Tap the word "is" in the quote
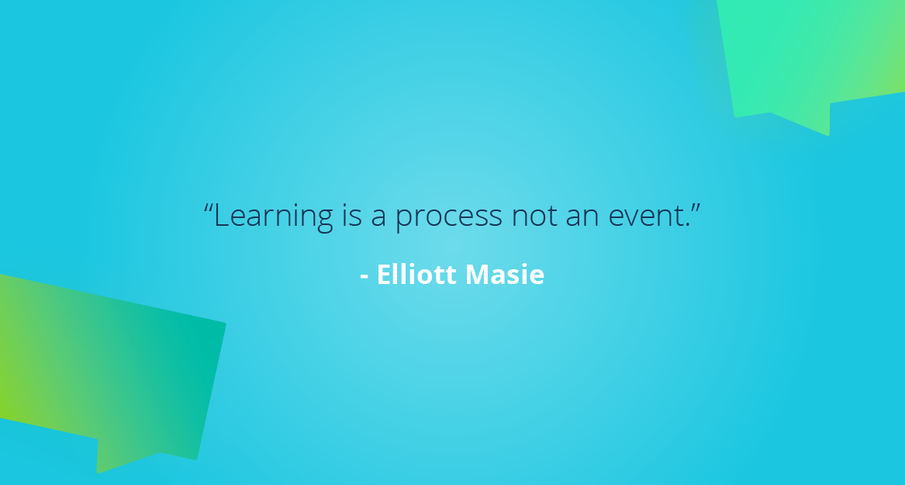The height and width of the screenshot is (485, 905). [351, 217]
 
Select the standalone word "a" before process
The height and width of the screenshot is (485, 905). [378, 218]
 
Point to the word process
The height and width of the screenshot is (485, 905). [448, 218]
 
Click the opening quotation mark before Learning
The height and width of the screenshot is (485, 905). [209, 207]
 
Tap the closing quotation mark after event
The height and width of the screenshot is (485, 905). [696, 207]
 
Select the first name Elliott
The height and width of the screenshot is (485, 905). [418, 275]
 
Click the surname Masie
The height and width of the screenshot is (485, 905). [506, 275]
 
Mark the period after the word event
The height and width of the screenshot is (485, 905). [687, 226]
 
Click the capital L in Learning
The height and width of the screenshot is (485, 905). [220, 215]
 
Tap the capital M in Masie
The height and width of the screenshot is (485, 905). [478, 275]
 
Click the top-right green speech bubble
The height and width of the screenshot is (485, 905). [814, 54]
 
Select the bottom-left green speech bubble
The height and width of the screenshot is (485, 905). [109, 365]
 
